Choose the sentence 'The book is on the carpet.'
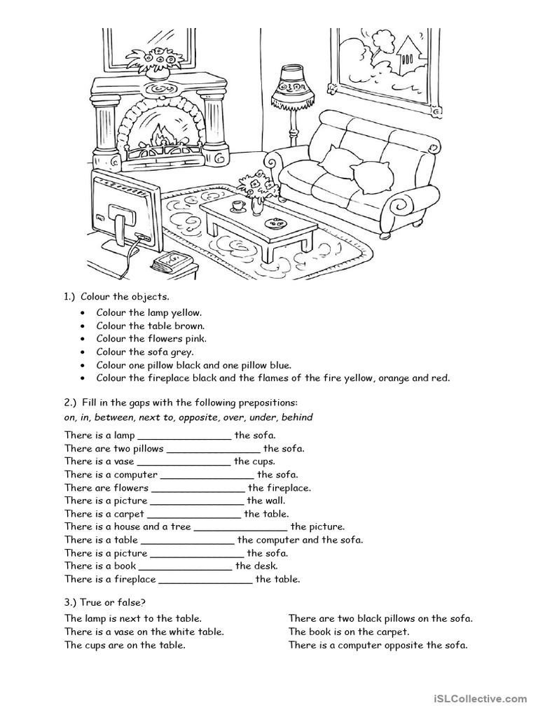[x=349, y=632]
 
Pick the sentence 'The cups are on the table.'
[x=125, y=645]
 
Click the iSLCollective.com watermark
[x=480, y=698]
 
